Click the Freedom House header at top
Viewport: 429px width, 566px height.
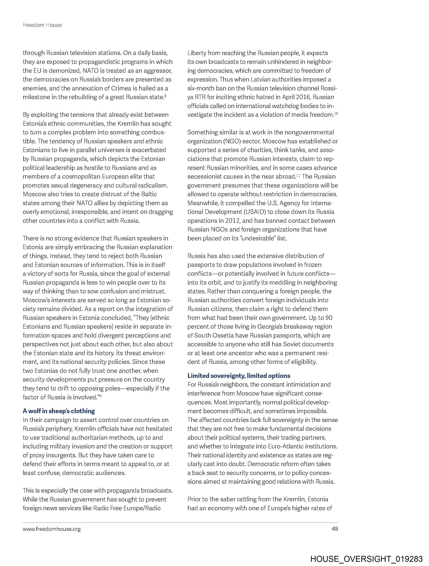coord(42,25)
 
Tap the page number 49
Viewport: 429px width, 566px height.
coord(335,529)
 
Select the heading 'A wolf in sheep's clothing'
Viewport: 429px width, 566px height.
coord(59,411)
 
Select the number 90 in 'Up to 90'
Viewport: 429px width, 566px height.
coord(329,318)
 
